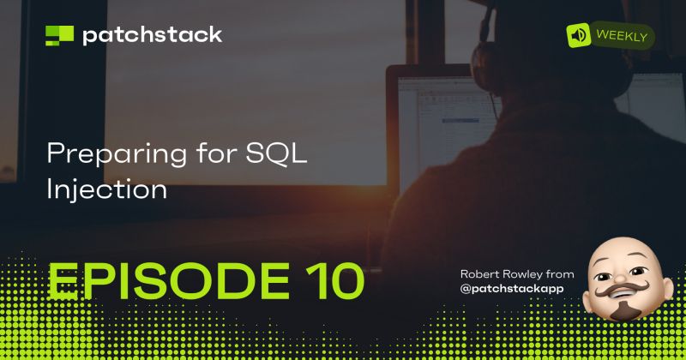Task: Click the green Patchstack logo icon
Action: click(59, 35)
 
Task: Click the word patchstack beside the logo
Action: click(152, 35)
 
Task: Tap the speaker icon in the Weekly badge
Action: click(579, 35)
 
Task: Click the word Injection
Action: click(106, 189)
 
